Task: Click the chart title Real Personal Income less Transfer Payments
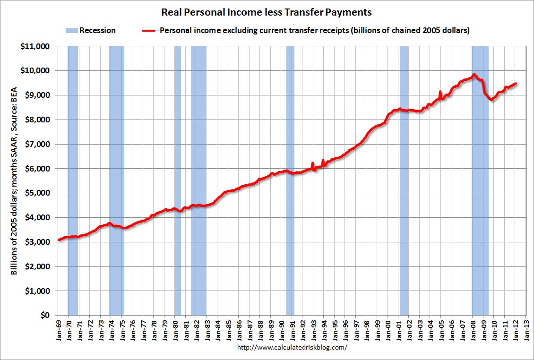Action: point(267,12)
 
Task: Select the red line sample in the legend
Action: point(149,31)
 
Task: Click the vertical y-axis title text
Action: point(14,181)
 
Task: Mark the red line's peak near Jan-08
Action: point(474,75)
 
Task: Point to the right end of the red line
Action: point(516,84)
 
